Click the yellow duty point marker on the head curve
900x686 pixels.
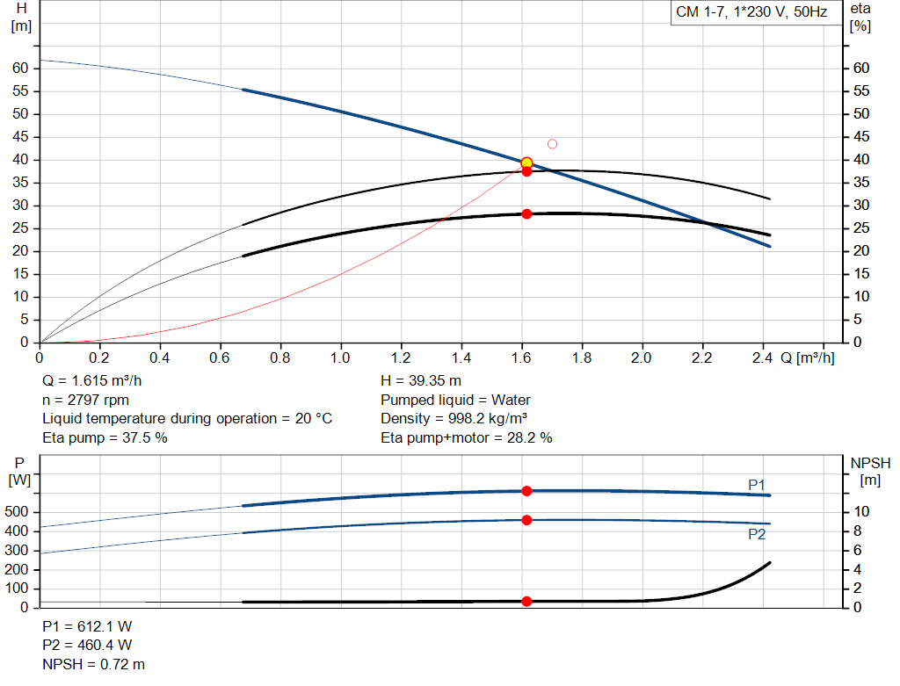(526, 162)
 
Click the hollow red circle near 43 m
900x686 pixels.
(552, 144)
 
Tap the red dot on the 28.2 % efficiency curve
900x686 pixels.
(526, 213)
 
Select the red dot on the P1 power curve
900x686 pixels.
(526, 491)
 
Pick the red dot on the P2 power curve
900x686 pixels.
(526, 520)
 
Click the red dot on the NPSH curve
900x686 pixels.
(526, 602)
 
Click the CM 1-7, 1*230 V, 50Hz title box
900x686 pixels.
(751, 14)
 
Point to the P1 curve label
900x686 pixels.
(757, 485)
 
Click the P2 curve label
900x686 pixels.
(757, 533)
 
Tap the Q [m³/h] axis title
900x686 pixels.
(806, 358)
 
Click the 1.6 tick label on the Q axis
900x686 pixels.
(521, 358)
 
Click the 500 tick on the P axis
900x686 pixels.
(18, 512)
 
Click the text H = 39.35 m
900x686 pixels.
(420, 381)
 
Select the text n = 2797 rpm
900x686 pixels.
(85, 400)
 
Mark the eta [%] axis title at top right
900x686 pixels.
(860, 17)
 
